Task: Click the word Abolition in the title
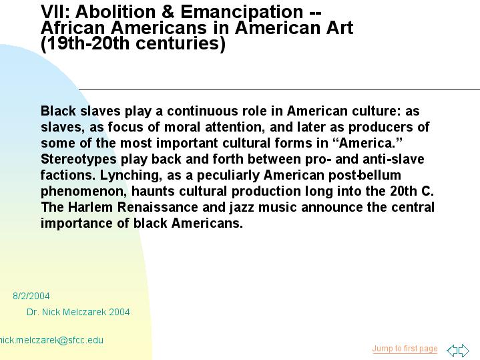tap(115, 12)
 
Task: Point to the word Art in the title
tap(340, 27)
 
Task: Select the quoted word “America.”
tap(367, 143)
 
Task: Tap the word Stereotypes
tap(79, 160)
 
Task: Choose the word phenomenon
tap(84, 192)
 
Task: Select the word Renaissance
tap(158, 207)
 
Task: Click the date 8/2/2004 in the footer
tap(31, 296)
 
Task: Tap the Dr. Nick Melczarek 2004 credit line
tap(78, 312)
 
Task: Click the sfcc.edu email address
tap(51, 341)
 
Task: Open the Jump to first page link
tap(405, 349)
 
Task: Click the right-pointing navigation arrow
tap(464, 350)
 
